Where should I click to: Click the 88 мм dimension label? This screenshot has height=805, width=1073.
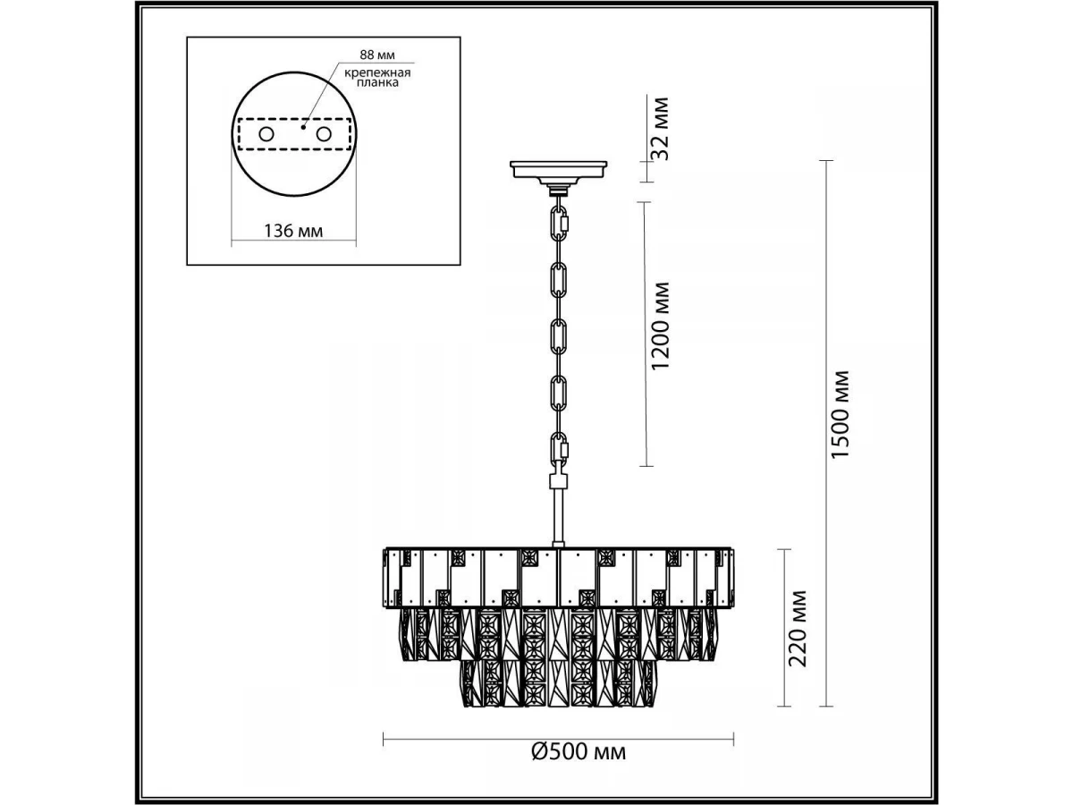click(377, 55)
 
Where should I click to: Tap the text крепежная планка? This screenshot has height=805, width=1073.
click(377, 78)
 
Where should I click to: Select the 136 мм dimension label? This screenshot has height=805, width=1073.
click(293, 231)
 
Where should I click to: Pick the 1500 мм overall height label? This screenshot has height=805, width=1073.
click(841, 414)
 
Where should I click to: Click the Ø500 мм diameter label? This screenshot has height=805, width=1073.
click(579, 766)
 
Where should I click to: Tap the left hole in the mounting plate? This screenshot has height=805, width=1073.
click(266, 134)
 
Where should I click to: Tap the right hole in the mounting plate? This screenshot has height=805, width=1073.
click(324, 134)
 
